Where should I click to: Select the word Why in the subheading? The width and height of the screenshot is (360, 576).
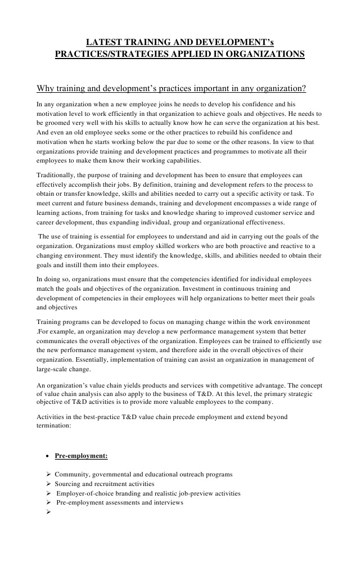tap(45, 88)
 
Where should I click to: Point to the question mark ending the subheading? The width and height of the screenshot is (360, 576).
tap(304, 88)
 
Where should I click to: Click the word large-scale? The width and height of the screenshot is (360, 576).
tap(53, 369)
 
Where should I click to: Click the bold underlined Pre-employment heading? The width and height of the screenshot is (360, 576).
tap(81, 456)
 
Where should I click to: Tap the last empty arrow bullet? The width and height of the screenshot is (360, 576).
tap(48, 512)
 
